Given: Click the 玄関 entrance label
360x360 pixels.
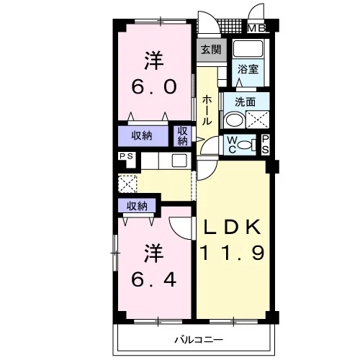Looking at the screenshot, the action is click(211, 50).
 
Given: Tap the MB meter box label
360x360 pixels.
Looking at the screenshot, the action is click(256, 29).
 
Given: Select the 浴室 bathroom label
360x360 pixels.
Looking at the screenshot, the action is click(248, 69).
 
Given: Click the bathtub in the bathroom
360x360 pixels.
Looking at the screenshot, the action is click(248, 48).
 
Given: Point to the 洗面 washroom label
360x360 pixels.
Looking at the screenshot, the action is click(245, 102).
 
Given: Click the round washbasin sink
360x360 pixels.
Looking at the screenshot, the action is click(235, 120).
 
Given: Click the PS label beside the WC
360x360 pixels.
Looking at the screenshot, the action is click(265, 145).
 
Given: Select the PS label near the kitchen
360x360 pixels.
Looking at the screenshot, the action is click(126, 156).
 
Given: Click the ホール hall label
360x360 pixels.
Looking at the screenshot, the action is click(207, 110).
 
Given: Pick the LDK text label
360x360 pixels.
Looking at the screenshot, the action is click(232, 227).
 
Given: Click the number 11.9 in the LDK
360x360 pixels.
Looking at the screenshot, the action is click(232, 252).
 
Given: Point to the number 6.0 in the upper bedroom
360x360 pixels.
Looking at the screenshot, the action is click(154, 86).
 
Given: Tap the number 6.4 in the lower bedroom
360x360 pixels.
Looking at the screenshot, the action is click(154, 279).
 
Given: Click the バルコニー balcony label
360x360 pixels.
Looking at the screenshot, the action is click(199, 340).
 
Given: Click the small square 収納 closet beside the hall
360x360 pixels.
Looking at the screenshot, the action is click(182, 136).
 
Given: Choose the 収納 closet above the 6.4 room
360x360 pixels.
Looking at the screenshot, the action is click(137, 206).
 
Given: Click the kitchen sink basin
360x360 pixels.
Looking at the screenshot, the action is click(179, 161).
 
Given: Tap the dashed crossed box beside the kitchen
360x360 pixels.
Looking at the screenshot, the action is click(127, 184).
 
